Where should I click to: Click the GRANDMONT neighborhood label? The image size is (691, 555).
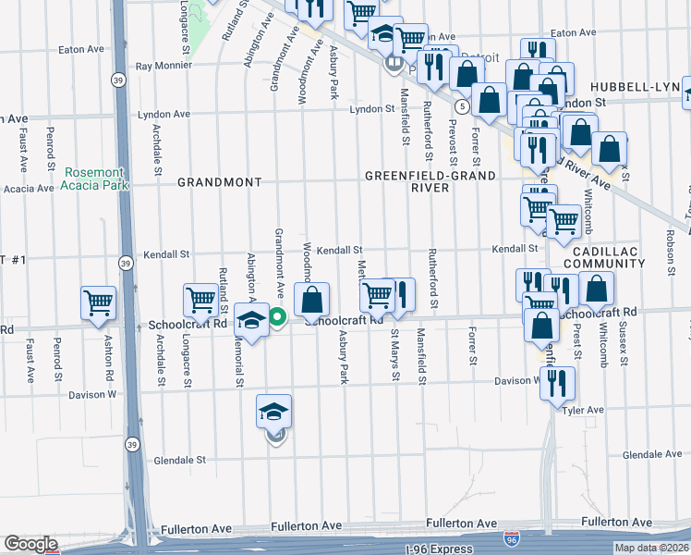(220, 182)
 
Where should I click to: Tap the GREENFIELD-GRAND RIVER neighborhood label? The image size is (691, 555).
(430, 181)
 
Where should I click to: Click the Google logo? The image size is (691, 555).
(30, 544)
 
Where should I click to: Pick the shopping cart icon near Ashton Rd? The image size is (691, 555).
(99, 302)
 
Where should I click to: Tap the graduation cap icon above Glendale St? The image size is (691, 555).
(274, 412)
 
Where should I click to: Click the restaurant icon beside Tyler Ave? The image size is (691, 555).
(557, 382)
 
